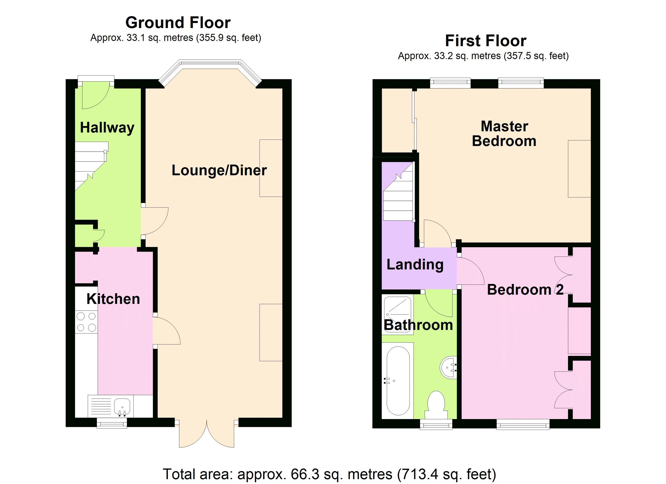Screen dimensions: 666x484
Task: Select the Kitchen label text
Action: [113, 299]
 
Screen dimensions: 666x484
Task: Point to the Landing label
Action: [415, 264]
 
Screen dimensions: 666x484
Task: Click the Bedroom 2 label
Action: [525, 290]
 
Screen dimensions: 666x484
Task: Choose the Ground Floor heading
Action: [178, 23]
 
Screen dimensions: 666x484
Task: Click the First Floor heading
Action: [486, 41]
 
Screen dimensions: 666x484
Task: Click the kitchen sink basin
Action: [122, 406]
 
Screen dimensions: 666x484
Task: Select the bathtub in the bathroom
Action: [398, 381]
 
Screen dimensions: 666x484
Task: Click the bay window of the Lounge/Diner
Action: [210, 69]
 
